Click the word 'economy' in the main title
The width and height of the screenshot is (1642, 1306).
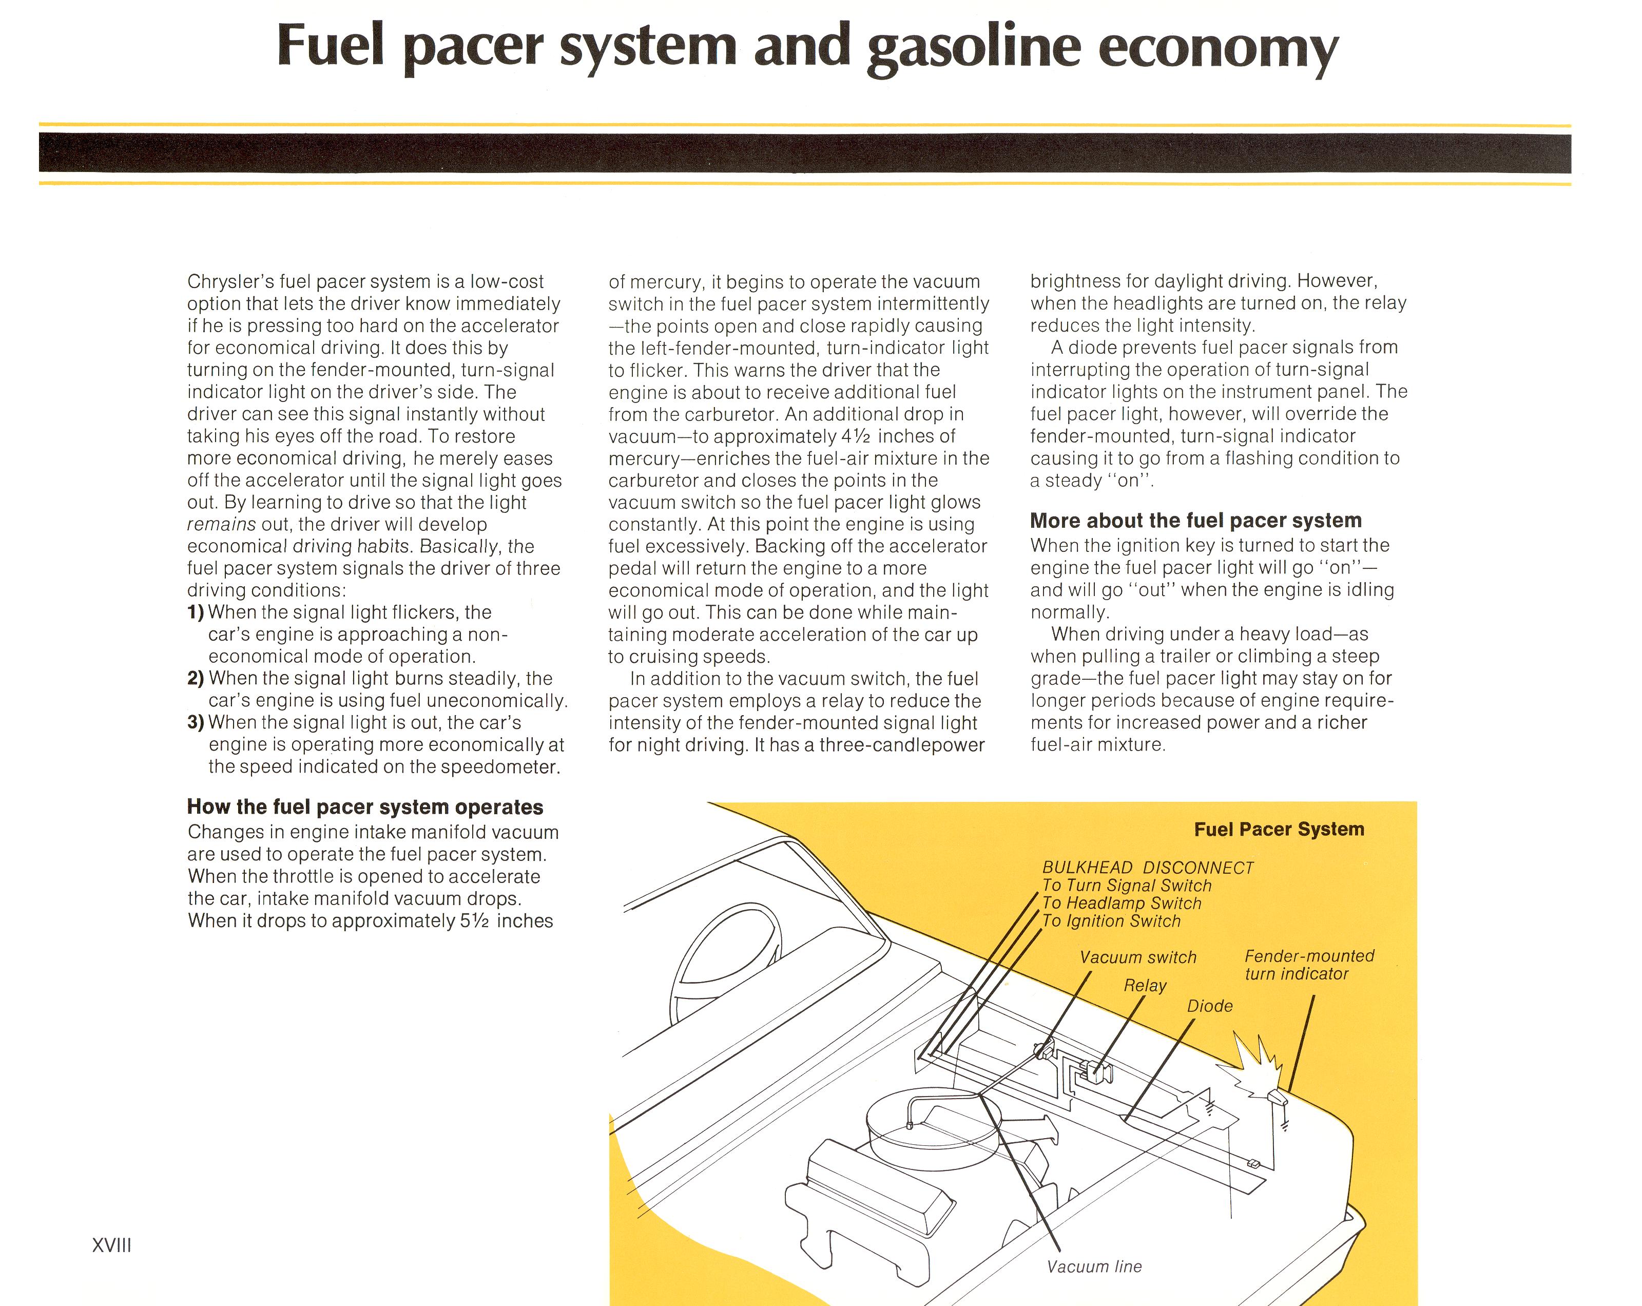(x=1218, y=48)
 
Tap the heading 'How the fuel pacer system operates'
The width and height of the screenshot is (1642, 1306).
(x=365, y=807)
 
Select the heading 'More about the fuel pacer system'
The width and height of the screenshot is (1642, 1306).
(x=1196, y=521)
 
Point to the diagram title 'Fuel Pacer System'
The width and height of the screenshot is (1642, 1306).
(x=1279, y=829)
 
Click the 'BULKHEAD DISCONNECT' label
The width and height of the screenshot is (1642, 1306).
(x=1148, y=868)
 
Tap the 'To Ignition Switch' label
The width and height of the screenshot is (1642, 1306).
(x=1111, y=921)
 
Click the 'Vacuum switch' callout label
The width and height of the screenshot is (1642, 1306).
(x=1138, y=957)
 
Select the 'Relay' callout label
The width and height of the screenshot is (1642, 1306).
(x=1145, y=985)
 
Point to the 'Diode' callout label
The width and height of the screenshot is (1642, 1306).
(x=1209, y=1006)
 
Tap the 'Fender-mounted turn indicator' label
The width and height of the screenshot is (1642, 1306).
(x=1309, y=965)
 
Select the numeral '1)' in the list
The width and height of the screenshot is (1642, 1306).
(x=196, y=612)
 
